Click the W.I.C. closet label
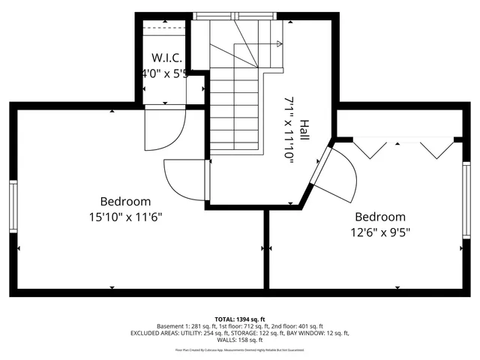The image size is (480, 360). coord(166,58)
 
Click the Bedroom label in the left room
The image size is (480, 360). coord(125,201)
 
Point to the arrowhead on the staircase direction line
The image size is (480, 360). coord(280,43)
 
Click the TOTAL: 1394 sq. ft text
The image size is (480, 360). coord(240,319)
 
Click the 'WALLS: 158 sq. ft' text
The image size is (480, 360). coord(240,340)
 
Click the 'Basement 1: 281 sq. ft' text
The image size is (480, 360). coord(184,326)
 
